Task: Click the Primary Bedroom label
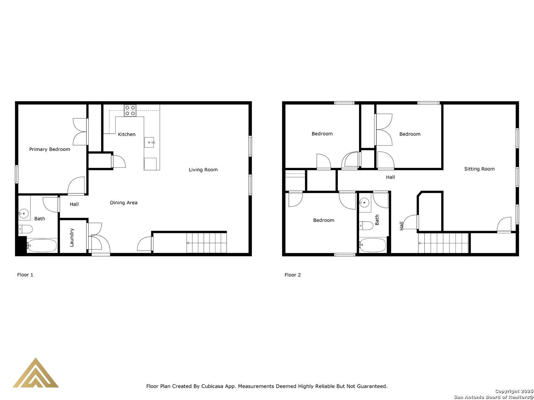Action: coord(50,149)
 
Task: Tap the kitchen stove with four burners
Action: coord(130,111)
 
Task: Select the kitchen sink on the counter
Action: coord(149,142)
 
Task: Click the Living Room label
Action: coord(203,170)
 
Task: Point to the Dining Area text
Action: coord(123,203)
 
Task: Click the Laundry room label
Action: coord(72,237)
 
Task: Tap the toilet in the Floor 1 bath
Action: coord(26,229)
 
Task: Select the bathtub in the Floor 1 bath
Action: coord(42,246)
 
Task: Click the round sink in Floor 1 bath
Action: coord(24,214)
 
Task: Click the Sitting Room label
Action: coord(479,169)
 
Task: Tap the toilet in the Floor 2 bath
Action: coord(366,226)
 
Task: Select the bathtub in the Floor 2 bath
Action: coord(372,245)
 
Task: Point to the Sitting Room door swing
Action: coord(504,224)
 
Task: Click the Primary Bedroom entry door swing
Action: coord(76,186)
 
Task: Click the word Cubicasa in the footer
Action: coord(212,386)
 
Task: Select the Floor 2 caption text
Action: coord(293,275)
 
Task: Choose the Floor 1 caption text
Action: coord(25,275)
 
